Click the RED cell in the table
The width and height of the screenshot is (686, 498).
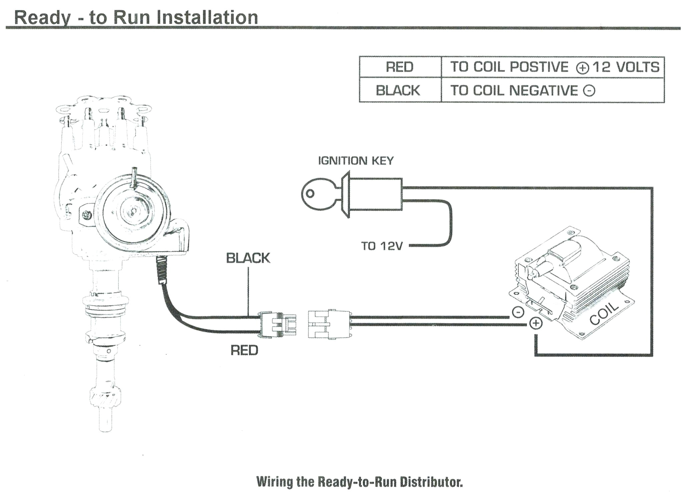399,67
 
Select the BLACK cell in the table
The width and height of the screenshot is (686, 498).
398,91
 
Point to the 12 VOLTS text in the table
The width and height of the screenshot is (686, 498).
626,67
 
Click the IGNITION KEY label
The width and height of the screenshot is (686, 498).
356,161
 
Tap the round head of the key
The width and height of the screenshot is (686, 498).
314,194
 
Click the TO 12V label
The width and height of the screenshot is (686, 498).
382,246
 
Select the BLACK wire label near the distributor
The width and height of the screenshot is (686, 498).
248,258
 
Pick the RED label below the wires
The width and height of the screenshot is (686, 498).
245,350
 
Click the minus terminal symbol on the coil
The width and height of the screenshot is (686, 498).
518,312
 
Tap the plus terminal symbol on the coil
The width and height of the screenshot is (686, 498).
536,323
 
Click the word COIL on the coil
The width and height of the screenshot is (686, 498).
604,314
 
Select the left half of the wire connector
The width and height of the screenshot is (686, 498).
277,325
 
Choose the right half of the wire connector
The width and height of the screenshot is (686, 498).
329,324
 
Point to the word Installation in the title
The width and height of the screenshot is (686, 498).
207,17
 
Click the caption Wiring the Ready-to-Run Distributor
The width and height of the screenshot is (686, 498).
359,482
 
